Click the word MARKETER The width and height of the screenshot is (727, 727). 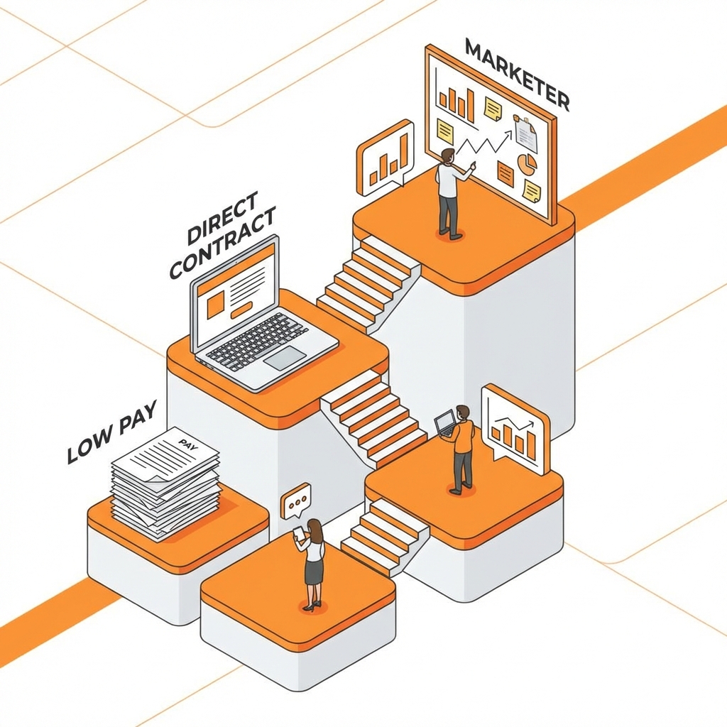coord(516,75)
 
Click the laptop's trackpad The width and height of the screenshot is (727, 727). coord(285,358)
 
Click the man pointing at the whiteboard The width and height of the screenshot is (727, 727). coord(449,192)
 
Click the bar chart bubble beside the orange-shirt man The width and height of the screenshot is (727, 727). coord(515,430)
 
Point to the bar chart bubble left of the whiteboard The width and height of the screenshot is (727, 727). coord(386,160)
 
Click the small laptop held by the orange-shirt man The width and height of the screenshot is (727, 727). coord(445,423)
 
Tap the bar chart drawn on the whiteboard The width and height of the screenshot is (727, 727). coord(457,104)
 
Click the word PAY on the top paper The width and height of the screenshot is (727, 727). coord(187,446)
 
